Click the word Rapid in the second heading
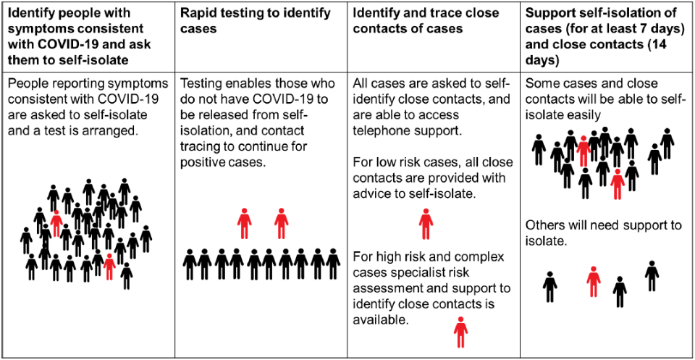pyautogui.click(x=195, y=13)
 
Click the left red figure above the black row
pyautogui.click(x=244, y=223)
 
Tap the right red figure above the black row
pyautogui.click(x=282, y=223)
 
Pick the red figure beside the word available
pyautogui.click(x=461, y=332)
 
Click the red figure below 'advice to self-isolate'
pyautogui.click(x=426, y=224)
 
